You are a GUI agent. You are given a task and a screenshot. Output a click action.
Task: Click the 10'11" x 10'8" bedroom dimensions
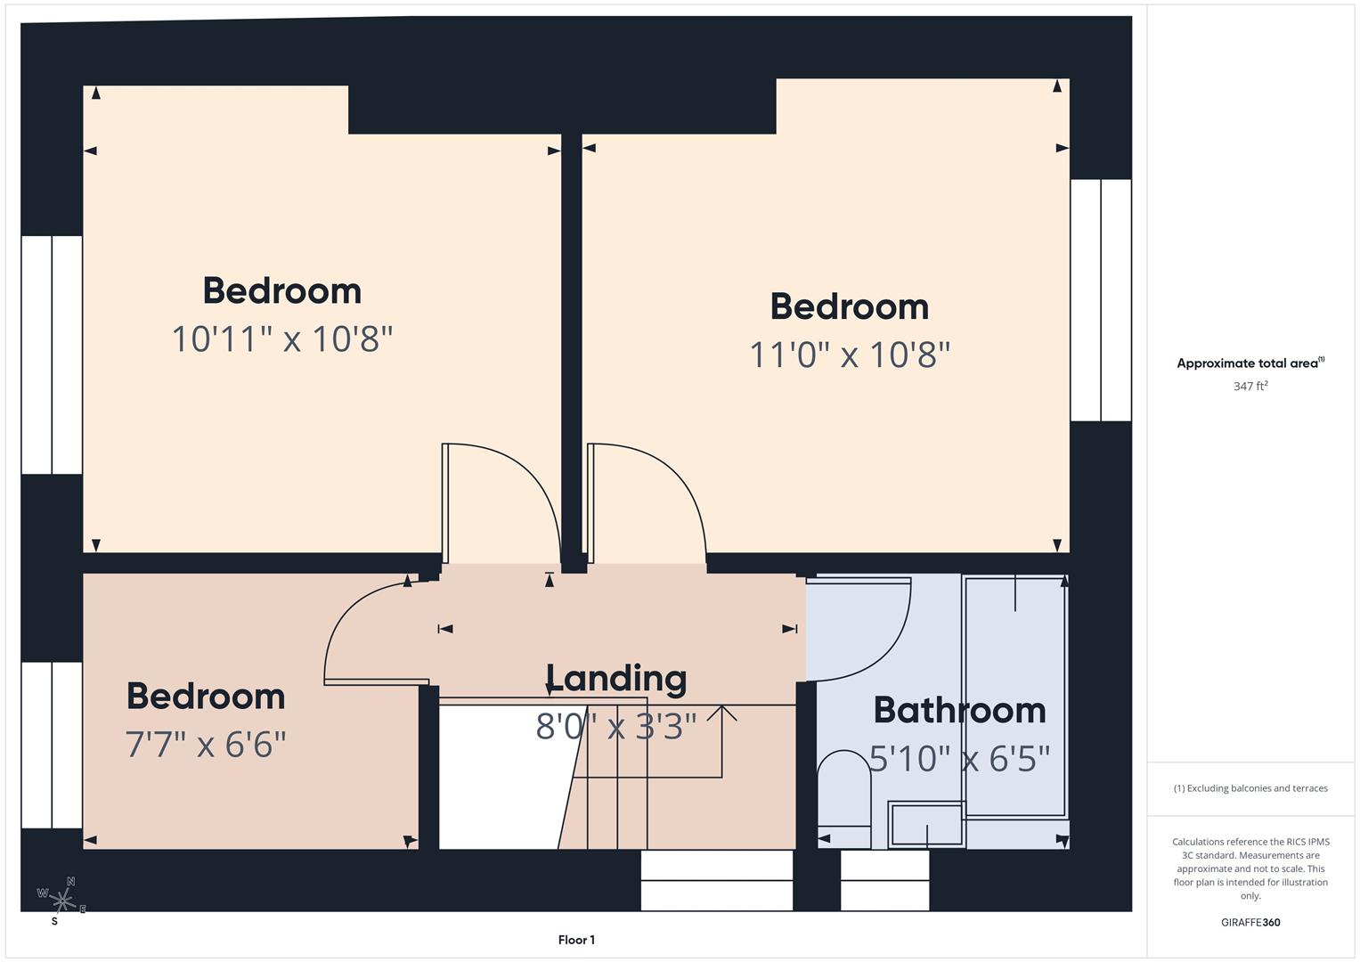click(x=281, y=339)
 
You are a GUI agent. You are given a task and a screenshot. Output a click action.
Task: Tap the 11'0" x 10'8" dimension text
click(x=849, y=355)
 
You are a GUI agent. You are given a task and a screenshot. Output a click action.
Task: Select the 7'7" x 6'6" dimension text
click(x=206, y=744)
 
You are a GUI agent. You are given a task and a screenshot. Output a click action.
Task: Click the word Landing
click(x=616, y=678)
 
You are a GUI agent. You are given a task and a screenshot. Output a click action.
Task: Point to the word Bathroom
click(x=959, y=710)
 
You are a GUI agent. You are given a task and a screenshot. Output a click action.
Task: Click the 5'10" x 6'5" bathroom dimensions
click(x=959, y=759)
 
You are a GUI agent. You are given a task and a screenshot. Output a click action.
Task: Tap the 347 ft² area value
click(x=1250, y=387)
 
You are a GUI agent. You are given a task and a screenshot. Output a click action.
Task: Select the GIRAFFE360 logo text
click(x=1250, y=923)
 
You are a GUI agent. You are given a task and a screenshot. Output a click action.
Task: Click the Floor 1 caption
click(x=576, y=940)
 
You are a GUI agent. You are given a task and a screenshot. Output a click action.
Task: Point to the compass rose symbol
click(x=62, y=898)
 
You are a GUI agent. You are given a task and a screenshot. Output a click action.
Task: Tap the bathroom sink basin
click(x=926, y=824)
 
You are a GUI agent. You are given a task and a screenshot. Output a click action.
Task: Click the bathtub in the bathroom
click(x=1015, y=695)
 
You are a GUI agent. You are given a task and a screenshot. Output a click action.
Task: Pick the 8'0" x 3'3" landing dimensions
click(x=616, y=726)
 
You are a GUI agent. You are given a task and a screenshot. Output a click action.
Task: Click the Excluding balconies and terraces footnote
click(x=1250, y=788)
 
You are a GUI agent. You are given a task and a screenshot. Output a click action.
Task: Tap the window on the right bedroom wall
click(x=1101, y=299)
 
